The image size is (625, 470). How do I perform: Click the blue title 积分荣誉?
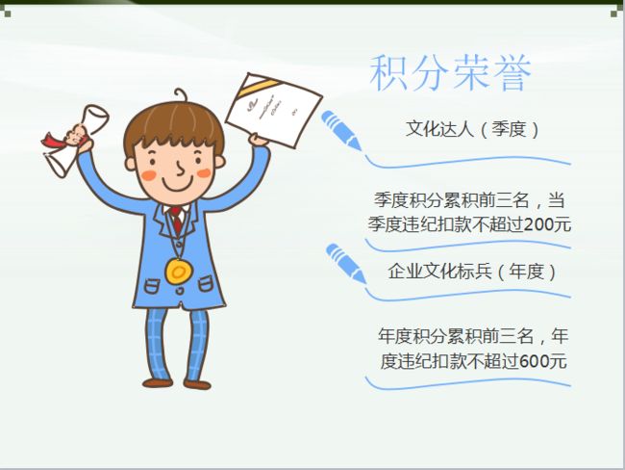(x=450, y=72)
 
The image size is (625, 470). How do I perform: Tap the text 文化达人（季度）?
(x=472, y=129)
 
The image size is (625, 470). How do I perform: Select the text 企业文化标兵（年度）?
(x=472, y=272)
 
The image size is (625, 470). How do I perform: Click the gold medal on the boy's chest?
(x=179, y=272)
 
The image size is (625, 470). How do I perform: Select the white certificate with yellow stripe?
(x=274, y=111)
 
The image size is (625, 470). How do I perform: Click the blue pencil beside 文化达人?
(x=341, y=130)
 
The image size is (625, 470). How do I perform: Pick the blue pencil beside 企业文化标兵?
(x=346, y=264)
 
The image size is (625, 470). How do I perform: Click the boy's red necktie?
(x=176, y=220)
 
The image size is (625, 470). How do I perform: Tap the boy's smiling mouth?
(x=177, y=185)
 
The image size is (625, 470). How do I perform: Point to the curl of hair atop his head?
(x=181, y=95)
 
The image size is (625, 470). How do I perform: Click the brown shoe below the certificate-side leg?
(x=197, y=384)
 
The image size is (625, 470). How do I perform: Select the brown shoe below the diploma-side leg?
(x=158, y=383)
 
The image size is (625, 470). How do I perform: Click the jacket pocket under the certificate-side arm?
(x=206, y=283)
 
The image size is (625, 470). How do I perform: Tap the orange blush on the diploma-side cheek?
(x=149, y=175)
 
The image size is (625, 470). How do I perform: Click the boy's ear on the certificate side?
(x=218, y=162)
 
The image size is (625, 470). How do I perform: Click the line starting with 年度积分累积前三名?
(x=473, y=336)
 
